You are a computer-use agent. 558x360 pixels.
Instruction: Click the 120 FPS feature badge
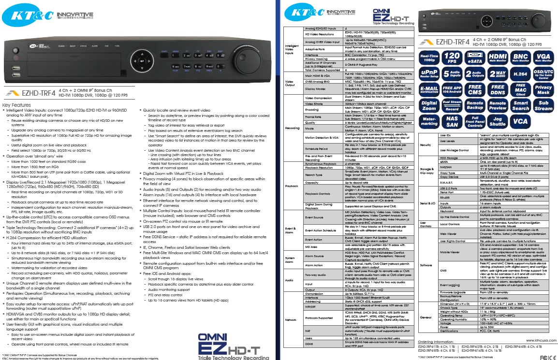pyautogui.click(x=452, y=58)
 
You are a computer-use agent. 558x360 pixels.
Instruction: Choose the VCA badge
pyautogui.click(x=521, y=121)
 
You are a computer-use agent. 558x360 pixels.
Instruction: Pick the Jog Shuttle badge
pyautogui.click(x=498, y=121)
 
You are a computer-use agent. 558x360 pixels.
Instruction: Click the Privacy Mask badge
pyautogui.click(x=543, y=90)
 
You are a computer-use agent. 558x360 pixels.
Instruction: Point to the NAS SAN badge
pyautogui.click(x=452, y=121)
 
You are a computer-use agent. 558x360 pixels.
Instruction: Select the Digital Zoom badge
pyautogui.click(x=429, y=106)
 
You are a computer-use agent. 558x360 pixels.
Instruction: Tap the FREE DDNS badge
pyautogui.click(x=498, y=90)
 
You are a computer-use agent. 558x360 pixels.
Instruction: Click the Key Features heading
pyautogui.click(x=17, y=105)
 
